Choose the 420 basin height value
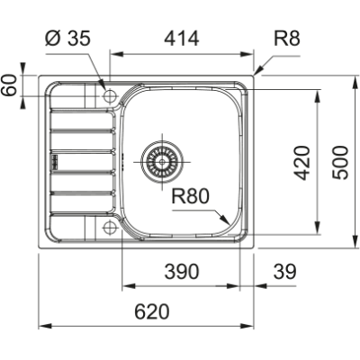click(x=303, y=162)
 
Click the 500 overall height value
click(x=339, y=162)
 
